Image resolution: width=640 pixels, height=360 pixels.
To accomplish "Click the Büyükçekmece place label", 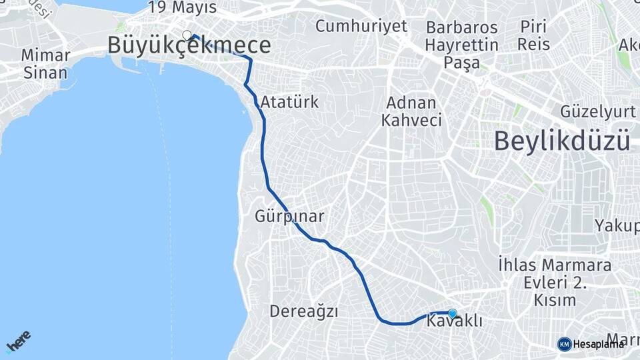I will click(189, 45).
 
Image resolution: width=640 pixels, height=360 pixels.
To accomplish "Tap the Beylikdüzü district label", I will click(562, 141).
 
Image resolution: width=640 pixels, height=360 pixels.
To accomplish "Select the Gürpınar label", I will click(289, 217).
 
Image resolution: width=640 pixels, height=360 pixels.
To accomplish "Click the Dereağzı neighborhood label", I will click(304, 311).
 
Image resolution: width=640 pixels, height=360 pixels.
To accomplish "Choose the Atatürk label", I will click(290, 103).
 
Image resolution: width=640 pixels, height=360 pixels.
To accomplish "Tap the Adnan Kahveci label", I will click(411, 112).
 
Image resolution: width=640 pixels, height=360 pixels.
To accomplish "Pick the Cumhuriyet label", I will click(361, 27).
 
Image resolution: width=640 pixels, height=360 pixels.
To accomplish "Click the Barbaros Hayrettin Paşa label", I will click(462, 45).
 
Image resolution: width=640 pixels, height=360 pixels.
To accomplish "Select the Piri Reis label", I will click(535, 36).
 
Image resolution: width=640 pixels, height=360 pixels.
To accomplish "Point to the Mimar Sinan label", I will click(45, 63).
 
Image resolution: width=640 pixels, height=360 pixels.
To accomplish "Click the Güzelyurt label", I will click(599, 111).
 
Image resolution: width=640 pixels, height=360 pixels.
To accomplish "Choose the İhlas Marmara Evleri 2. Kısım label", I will click(555, 283).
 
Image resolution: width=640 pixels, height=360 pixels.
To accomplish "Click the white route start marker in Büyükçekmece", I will click(187, 35).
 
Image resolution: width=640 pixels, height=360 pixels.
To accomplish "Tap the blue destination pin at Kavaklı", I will click(453, 313).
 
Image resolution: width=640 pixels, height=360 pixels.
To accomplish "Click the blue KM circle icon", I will click(564, 344).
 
